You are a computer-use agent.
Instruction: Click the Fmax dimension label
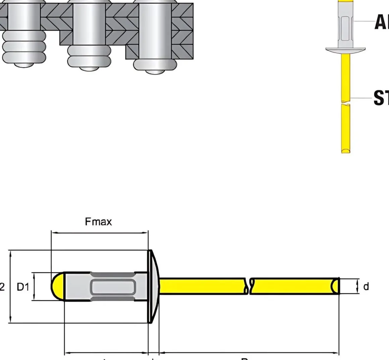98,222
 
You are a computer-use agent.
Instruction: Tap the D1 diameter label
23,287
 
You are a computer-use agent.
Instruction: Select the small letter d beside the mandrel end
366,287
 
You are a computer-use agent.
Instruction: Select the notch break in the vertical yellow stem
346,102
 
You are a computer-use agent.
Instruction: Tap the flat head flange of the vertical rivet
345,50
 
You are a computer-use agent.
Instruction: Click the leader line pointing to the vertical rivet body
364,21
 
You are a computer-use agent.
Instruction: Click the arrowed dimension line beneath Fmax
99,232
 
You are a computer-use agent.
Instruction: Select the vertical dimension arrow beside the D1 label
34,286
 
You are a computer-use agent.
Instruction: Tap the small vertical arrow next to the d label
357,286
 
